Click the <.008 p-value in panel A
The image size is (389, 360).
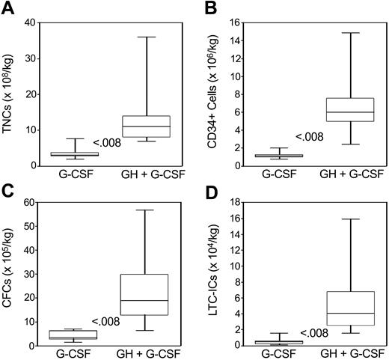(106, 142)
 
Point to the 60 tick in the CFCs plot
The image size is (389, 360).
(33, 201)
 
